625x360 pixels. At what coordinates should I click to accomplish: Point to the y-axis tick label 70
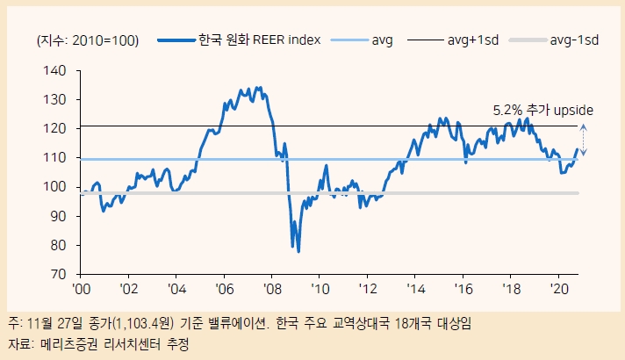58,274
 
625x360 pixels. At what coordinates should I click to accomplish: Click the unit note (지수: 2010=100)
88,40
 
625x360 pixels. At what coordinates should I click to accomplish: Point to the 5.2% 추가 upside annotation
543,111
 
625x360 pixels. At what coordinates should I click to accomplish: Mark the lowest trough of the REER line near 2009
298,251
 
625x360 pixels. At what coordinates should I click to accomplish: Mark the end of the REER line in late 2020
578,149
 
